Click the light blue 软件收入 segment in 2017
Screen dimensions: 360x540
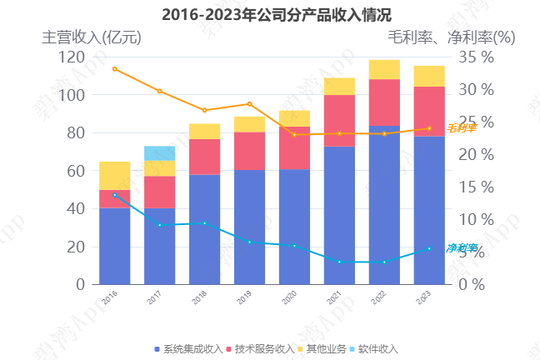click(159, 153)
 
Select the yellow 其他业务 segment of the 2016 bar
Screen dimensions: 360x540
click(115, 176)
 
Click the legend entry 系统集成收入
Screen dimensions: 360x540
click(188, 348)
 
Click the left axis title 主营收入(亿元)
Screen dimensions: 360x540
click(92, 37)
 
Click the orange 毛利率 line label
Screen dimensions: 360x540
click(461, 128)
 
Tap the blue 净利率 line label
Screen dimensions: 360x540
click(461, 248)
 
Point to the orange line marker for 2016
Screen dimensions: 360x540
click(115, 68)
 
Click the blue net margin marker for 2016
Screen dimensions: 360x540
click(115, 195)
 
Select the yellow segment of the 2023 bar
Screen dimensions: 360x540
click(429, 76)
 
